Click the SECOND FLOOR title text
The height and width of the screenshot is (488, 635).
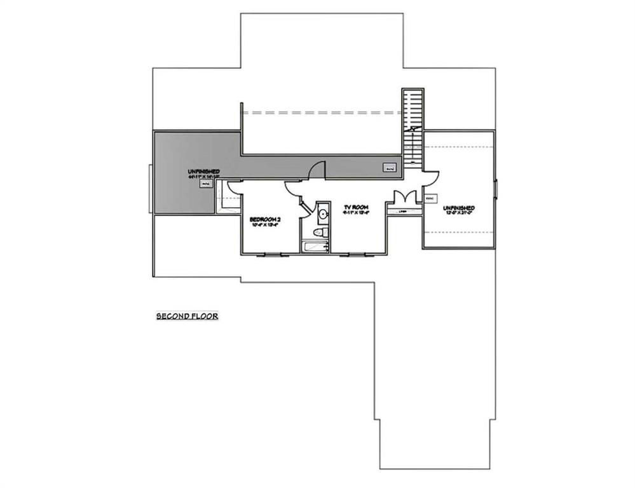coord(188,316)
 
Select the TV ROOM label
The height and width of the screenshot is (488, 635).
coord(357,208)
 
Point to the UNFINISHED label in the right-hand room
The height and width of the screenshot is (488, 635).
coord(459,208)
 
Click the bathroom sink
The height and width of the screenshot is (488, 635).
coord(322,214)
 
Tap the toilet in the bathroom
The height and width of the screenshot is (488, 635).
coord(323,234)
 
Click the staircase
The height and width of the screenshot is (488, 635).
coord(412,127)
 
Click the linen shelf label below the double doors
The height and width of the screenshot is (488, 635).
coord(402,211)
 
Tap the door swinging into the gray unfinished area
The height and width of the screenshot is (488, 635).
coord(316,170)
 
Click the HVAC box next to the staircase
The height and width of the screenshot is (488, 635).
coord(390,168)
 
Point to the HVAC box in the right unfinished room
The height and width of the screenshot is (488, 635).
coord(430,199)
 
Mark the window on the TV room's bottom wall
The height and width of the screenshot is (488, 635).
coord(353,255)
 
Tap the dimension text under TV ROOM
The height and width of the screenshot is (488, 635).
coord(357,213)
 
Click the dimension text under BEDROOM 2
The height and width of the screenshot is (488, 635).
coord(266,225)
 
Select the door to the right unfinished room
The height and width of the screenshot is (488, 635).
coord(429,177)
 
